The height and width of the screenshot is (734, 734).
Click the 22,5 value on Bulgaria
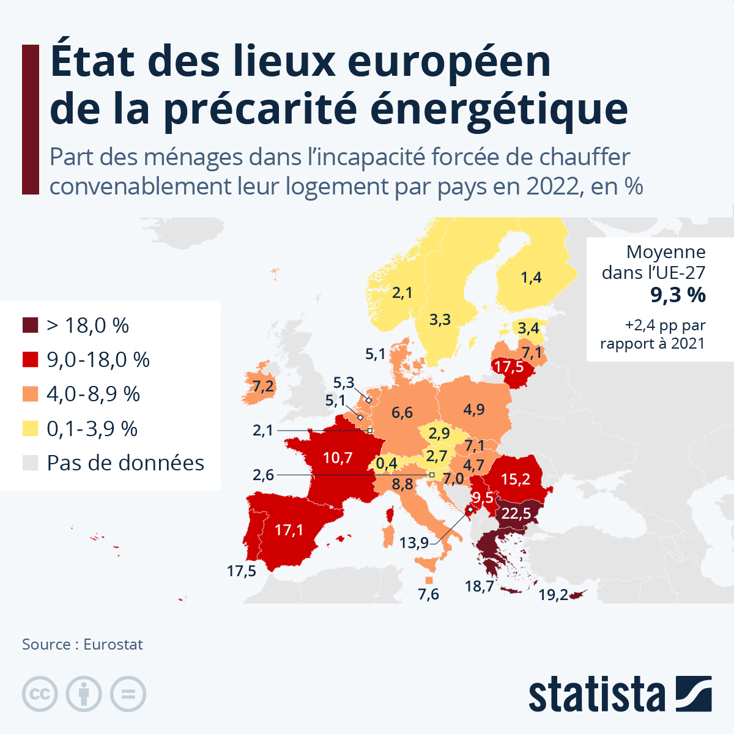(516, 514)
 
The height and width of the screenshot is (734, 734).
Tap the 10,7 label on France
(338, 458)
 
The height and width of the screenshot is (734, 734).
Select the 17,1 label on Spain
(289, 530)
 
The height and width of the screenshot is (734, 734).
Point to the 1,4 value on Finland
(531, 278)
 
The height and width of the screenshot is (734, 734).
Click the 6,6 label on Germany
(402, 413)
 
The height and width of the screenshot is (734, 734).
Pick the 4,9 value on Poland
(474, 409)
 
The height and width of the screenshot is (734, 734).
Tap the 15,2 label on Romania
(516, 479)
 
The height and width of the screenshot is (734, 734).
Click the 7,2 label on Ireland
(263, 387)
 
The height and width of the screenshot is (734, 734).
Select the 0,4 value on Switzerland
(387, 464)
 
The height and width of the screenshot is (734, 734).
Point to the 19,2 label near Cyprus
(553, 595)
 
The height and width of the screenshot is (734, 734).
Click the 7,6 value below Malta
(429, 594)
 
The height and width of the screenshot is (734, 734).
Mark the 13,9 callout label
(414, 543)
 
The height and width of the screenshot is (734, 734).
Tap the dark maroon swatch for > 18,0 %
(31, 325)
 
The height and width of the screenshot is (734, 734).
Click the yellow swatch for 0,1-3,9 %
(31, 429)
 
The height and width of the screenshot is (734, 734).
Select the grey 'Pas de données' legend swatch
(31, 463)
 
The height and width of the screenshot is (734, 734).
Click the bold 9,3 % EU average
(678, 295)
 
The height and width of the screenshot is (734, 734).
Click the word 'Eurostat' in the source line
(113, 645)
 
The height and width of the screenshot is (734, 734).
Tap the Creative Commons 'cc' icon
(40, 694)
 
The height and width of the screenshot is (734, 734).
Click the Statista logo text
(596, 694)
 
